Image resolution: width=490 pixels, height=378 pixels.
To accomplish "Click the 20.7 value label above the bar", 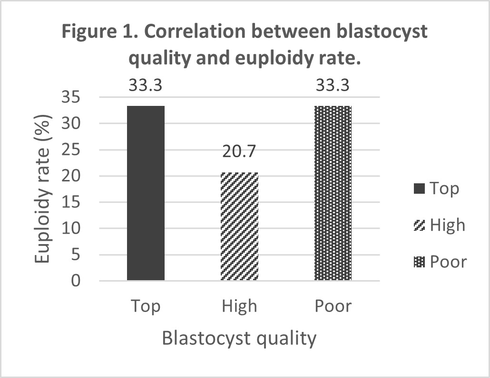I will click(239, 153).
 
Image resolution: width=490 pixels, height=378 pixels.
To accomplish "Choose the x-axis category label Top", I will click(146, 306).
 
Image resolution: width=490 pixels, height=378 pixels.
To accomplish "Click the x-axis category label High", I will click(239, 306).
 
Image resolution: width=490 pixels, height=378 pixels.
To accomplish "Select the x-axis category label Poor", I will click(333, 306).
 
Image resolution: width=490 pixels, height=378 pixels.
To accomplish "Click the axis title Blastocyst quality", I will click(239, 339).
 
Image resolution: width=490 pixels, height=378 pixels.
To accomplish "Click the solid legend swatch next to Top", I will click(419, 189).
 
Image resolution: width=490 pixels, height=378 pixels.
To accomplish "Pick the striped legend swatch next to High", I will click(419, 225).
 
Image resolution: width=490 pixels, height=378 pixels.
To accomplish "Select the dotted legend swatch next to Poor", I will click(419, 262).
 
